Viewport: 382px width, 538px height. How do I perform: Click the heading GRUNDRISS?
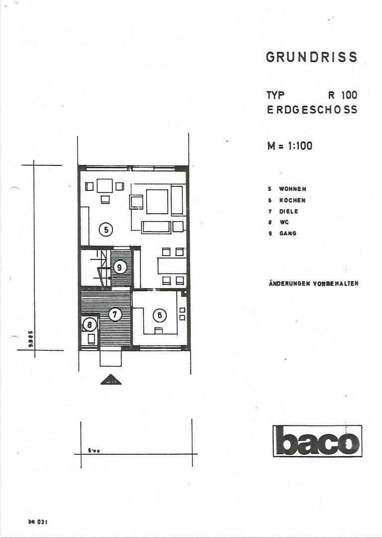[x=311, y=57]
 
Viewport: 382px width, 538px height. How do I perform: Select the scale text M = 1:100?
[x=290, y=146]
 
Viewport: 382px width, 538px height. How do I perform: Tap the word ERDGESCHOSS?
[x=312, y=110]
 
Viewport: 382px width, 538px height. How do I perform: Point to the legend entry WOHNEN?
[x=292, y=189]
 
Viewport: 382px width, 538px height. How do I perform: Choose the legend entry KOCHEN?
[x=292, y=200]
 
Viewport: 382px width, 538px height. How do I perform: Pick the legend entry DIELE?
[x=288, y=211]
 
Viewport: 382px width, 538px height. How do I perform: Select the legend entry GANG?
[x=287, y=233]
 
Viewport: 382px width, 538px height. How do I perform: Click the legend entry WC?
[x=284, y=222]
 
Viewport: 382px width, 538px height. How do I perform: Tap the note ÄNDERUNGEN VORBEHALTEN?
[x=313, y=283]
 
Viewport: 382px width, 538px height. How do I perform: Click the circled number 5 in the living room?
[x=106, y=230]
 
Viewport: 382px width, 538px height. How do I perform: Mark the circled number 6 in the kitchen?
[x=159, y=315]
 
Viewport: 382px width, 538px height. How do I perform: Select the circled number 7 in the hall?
[x=115, y=314]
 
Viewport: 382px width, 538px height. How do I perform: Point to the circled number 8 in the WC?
[x=90, y=325]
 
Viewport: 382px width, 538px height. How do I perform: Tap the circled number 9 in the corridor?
[x=120, y=267]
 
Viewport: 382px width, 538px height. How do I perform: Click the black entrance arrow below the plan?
[x=111, y=380]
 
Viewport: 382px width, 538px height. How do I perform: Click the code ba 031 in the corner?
[x=37, y=522]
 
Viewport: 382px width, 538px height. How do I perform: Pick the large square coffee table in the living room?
[x=157, y=202]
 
